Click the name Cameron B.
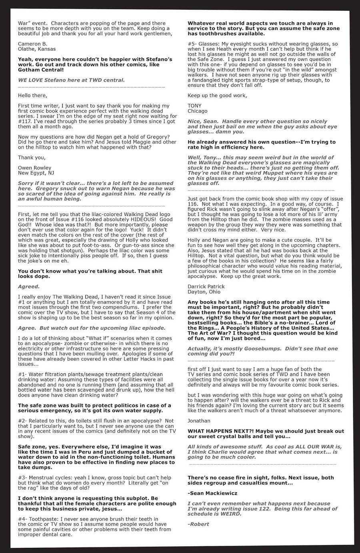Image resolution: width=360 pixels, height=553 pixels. [x=32, y=44]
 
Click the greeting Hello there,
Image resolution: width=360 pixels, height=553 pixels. [x=32, y=95]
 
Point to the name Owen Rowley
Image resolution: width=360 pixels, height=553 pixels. [x=34, y=168]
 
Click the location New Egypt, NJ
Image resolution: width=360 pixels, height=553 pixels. [x=36, y=173]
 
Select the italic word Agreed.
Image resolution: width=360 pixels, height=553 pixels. [x=29, y=286]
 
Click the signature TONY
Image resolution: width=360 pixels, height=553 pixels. [x=194, y=106]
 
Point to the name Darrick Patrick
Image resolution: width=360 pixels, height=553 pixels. [x=206, y=286]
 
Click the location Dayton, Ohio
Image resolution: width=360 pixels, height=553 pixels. [x=204, y=291]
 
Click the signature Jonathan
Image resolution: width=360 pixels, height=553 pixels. [x=199, y=421]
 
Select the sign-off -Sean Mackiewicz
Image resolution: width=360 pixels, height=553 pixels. [x=212, y=493]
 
